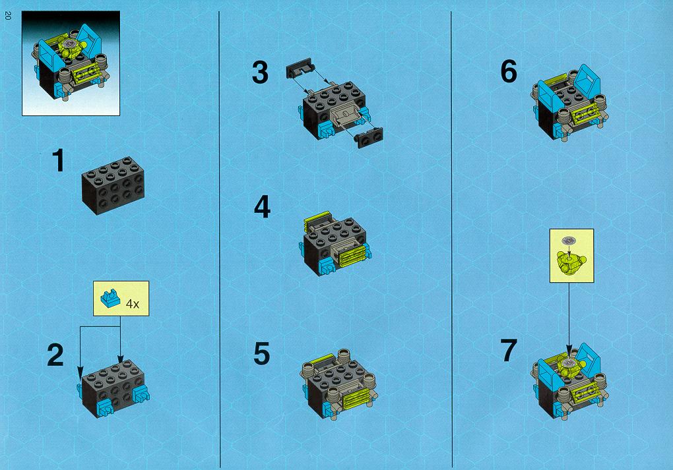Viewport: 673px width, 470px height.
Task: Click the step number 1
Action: pyautogui.click(x=58, y=161)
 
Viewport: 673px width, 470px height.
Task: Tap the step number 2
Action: pyautogui.click(x=55, y=355)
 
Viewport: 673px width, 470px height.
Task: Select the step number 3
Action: pyautogui.click(x=260, y=73)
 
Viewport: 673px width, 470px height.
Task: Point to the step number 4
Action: pyautogui.click(x=262, y=207)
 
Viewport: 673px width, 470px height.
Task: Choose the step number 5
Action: pyautogui.click(x=262, y=353)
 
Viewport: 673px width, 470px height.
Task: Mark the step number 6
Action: pyautogui.click(x=509, y=71)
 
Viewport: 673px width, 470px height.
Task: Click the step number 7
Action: pyautogui.click(x=509, y=350)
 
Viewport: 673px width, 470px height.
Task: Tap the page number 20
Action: pyautogui.click(x=7, y=16)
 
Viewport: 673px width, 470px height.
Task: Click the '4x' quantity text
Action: pyautogui.click(x=133, y=304)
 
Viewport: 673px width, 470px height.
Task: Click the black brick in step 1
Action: pyautogui.click(x=113, y=185)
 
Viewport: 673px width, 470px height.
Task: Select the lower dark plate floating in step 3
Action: pyautogui.click(x=369, y=137)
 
